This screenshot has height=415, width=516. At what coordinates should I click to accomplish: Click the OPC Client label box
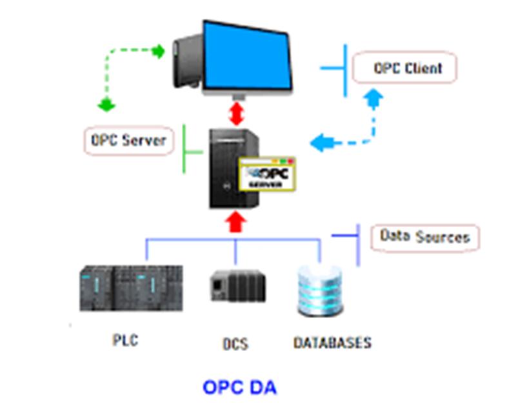[404, 68]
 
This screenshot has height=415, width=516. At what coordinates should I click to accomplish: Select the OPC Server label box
[128, 141]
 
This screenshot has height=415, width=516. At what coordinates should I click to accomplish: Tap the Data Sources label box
[425, 238]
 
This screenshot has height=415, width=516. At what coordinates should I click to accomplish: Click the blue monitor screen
[247, 57]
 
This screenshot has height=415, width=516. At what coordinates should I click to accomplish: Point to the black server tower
[234, 168]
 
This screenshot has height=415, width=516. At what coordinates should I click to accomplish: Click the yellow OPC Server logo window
[267, 174]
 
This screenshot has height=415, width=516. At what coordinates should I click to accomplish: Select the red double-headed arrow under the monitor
[236, 114]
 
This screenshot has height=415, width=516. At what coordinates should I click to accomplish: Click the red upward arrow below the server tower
[235, 222]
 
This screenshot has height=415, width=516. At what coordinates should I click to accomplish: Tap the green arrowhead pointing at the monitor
[159, 51]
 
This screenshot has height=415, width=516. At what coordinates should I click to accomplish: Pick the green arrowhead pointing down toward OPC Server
[106, 105]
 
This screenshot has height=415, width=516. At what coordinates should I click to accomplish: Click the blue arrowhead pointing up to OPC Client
[374, 98]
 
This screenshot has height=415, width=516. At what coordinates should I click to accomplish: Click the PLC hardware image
[132, 288]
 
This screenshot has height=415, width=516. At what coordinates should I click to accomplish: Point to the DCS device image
[238, 285]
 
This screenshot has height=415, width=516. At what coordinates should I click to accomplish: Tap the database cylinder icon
[320, 290]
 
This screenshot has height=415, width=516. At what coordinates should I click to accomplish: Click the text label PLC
[125, 340]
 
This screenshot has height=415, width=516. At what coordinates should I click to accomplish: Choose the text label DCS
[235, 344]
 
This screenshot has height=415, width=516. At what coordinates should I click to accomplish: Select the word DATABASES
[332, 343]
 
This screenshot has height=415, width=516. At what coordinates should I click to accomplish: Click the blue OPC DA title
[239, 387]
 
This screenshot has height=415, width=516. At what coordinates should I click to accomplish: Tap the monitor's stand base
[239, 97]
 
